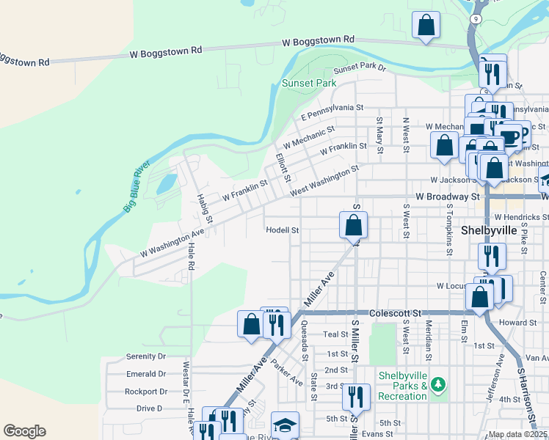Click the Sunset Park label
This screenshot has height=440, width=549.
[x=309, y=83]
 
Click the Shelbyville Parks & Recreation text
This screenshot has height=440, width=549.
[x=402, y=386]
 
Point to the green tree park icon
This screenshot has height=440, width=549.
[x=438, y=384]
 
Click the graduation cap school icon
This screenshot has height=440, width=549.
[x=285, y=425]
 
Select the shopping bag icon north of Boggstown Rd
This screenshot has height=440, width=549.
[x=426, y=25]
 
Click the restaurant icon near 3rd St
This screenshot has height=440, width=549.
[x=356, y=397]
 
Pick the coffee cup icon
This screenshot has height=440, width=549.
[x=509, y=136]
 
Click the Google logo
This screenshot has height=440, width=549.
[x=24, y=431]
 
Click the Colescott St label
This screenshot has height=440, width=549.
[x=396, y=312]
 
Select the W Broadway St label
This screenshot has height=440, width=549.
[x=447, y=197]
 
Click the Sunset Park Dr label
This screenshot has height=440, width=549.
[x=360, y=67]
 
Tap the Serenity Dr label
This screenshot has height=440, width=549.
[x=146, y=356]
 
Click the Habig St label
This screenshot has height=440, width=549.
[x=204, y=208]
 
